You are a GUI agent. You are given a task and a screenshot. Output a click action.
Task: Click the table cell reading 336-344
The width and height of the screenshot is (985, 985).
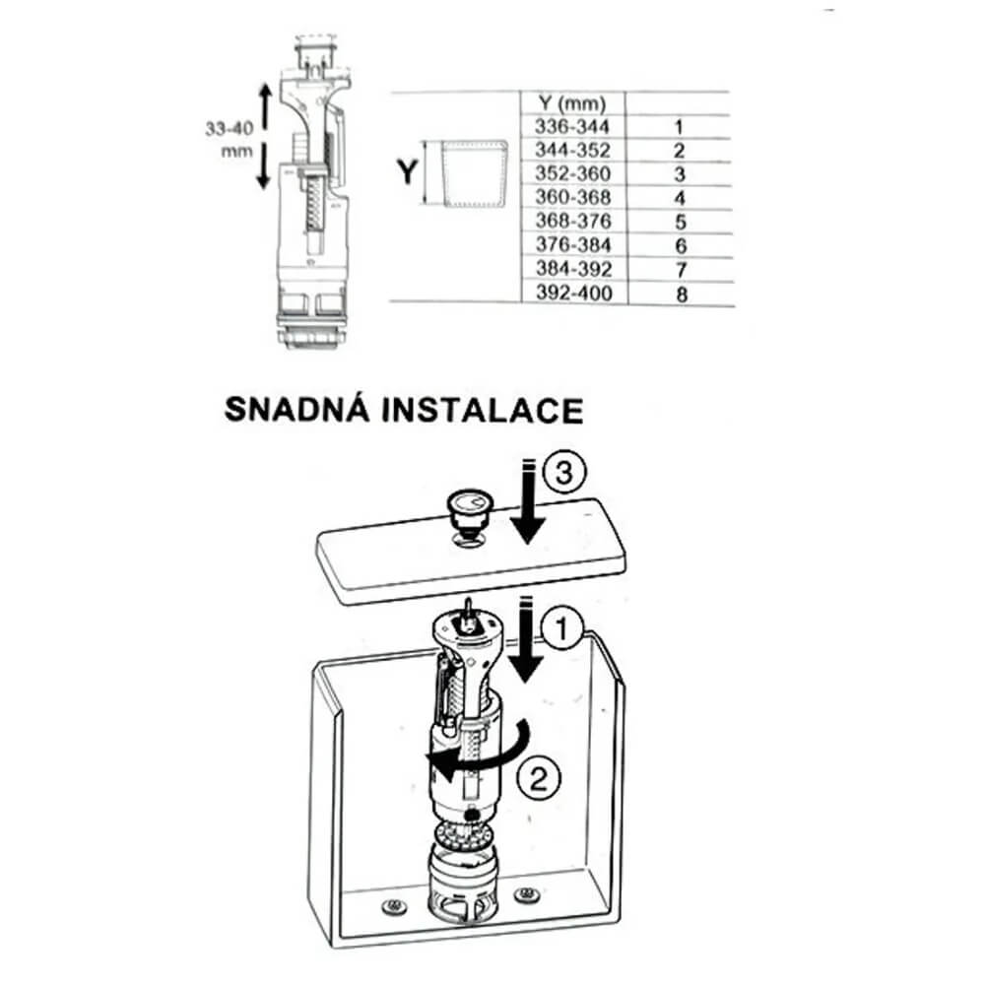coord(571,127)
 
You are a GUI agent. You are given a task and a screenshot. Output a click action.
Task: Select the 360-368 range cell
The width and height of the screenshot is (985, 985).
coord(573,197)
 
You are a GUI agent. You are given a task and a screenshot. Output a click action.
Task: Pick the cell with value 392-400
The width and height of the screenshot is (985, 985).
coord(573,293)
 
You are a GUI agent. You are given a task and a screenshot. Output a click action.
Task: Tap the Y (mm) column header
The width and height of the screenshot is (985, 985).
coord(572,103)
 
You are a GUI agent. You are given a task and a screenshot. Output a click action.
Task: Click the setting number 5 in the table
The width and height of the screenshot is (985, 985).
coord(681,222)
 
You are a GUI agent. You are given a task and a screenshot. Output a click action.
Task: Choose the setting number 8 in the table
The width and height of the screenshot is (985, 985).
coord(682,294)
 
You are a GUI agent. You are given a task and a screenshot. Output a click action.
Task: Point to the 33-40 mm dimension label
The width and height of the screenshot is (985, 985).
coord(230,140)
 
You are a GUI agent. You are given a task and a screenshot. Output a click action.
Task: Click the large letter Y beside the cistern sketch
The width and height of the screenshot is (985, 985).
coord(407,170)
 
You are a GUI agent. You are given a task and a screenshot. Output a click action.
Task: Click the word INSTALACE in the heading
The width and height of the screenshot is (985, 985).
coord(483,411)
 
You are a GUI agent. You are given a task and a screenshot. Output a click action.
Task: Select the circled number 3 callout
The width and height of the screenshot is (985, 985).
coord(563,473)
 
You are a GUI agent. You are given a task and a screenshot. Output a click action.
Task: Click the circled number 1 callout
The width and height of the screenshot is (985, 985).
coord(561,628)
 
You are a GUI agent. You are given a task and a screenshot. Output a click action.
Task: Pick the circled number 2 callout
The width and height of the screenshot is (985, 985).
coord(539,781)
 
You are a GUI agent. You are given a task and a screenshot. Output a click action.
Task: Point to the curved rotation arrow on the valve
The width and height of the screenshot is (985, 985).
coord(484,758)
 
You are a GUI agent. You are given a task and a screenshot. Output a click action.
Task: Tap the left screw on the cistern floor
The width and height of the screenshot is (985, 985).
coord(394,905)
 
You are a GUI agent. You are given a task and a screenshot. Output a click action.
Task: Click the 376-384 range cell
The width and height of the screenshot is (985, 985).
coord(573,245)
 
